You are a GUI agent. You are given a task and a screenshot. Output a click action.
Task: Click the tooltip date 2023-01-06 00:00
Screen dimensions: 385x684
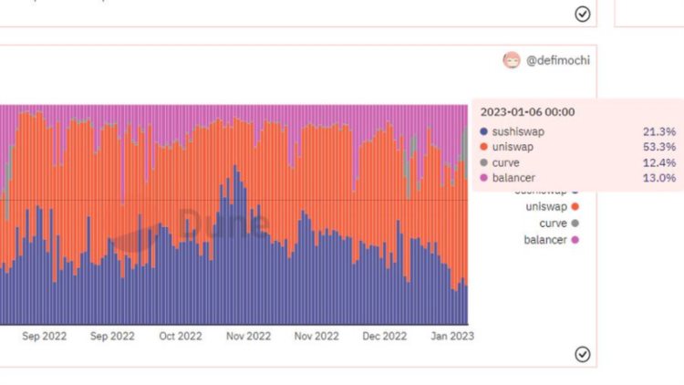coord(527,112)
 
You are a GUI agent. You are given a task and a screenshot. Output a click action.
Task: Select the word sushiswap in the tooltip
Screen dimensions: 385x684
coord(518,132)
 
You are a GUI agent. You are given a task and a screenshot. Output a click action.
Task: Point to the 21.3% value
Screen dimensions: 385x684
coord(659,132)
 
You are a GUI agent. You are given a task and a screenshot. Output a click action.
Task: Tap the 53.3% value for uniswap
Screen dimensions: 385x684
coord(659,147)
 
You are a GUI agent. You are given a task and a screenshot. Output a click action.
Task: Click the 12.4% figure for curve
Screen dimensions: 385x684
coord(659,162)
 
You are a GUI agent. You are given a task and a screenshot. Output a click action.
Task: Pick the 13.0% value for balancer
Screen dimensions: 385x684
coord(659,177)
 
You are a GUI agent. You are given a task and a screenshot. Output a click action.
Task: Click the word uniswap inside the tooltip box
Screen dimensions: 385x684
coord(513,147)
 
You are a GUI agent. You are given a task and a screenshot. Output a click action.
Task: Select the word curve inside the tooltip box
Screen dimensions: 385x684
coord(506,162)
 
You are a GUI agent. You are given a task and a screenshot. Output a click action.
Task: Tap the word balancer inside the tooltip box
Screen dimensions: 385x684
coord(513,177)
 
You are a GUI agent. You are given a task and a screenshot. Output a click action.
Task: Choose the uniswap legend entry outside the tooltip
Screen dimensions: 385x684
coord(546,208)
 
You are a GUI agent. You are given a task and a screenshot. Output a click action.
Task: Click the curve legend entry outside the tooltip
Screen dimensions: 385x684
coord(553,224)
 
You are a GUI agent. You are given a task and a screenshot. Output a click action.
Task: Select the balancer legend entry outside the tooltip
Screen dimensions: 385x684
coord(545,240)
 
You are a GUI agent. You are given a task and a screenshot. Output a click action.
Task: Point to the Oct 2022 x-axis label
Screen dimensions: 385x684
coord(180,336)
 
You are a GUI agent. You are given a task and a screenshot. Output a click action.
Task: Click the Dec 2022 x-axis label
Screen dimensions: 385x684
coord(384,336)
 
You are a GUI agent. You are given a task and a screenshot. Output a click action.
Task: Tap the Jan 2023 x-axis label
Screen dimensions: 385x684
coord(451,336)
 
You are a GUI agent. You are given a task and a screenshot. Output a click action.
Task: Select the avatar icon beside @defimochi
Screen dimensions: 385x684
coord(512,60)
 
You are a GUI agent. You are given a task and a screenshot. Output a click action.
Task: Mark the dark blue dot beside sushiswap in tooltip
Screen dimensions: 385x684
coord(483,132)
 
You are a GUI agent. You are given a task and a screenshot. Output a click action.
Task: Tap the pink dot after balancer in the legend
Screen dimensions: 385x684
coord(575,240)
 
